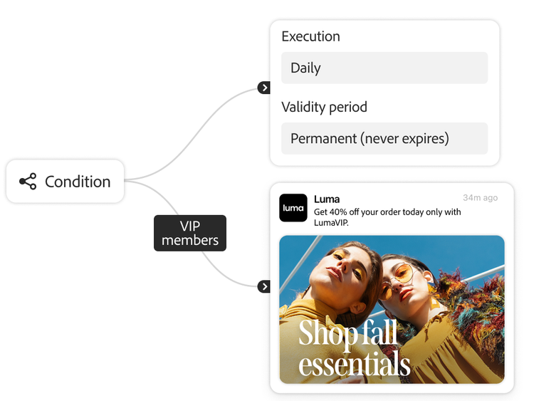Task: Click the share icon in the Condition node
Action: coord(28,182)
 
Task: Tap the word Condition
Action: coord(78,182)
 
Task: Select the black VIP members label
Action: coord(190,233)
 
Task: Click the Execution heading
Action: coord(310,36)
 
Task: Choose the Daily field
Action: coord(384,68)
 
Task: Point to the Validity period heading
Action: coord(324,108)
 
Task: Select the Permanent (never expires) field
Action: coord(384,138)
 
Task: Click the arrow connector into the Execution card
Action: coord(264,88)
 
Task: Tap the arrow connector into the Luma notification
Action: coord(264,286)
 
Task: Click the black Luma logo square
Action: coord(293,208)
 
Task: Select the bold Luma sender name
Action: coord(327,199)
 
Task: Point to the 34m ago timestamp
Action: coord(480,198)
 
